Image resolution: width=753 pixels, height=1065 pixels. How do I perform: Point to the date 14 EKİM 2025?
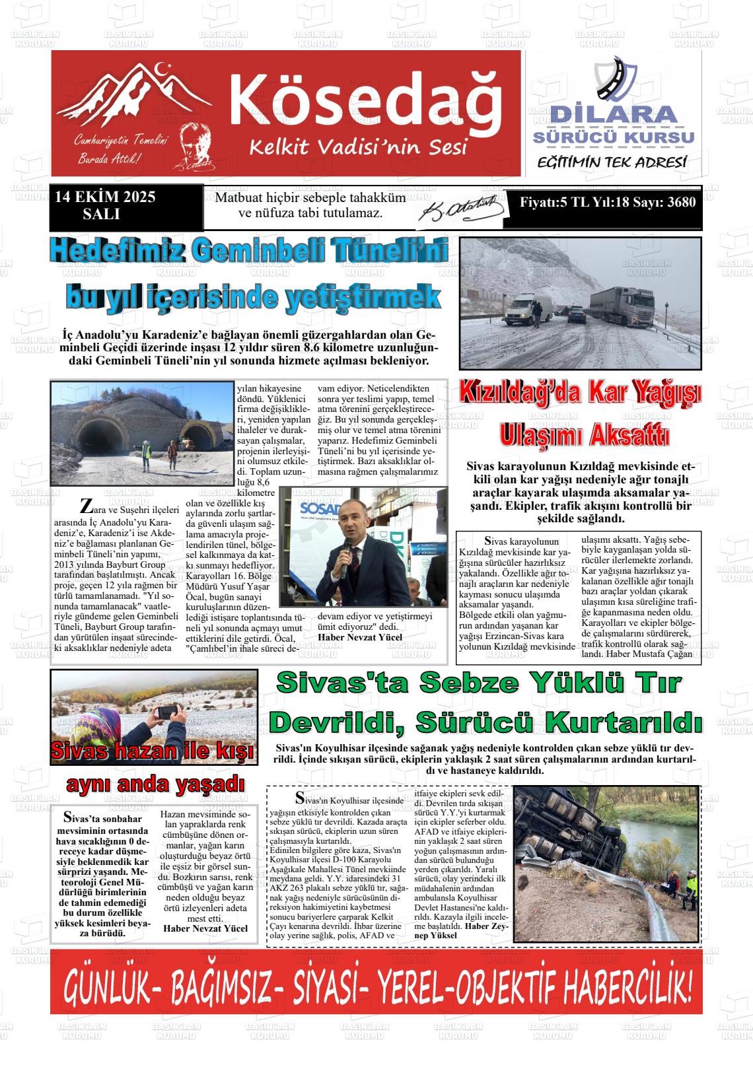coord(105,197)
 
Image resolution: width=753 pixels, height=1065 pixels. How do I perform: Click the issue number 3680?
coord(681,202)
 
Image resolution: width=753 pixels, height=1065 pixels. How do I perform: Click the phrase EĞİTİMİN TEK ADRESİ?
coord(612,162)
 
